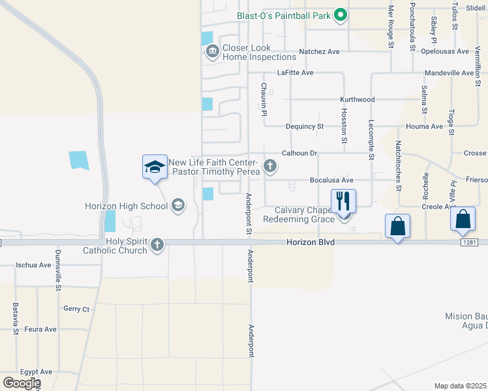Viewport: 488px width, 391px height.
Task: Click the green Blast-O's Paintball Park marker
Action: (x=340, y=14)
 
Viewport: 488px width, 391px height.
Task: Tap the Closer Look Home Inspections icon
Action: (x=212, y=52)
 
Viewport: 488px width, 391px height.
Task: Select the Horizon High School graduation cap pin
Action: (x=155, y=167)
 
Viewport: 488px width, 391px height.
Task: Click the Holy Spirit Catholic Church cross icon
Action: (x=156, y=245)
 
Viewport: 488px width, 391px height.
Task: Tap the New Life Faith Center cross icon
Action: (x=269, y=167)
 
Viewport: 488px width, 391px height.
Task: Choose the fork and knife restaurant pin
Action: (x=344, y=200)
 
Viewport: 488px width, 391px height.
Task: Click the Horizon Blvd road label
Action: (x=311, y=242)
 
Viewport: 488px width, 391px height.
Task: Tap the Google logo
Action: (x=22, y=383)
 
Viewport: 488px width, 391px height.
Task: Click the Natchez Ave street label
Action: (x=319, y=51)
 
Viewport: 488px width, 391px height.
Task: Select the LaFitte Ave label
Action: (x=296, y=73)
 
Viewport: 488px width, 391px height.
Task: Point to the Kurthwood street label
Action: (x=357, y=100)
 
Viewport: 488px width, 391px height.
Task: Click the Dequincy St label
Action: (x=305, y=126)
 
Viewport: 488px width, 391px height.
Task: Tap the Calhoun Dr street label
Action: (x=299, y=154)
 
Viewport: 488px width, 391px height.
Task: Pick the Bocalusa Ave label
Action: (x=331, y=181)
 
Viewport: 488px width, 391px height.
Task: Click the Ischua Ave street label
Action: (x=34, y=265)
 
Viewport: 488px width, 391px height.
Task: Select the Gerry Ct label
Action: (x=76, y=309)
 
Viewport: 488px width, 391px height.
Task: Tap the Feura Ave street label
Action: (x=40, y=330)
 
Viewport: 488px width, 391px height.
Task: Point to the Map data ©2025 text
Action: (x=461, y=386)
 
